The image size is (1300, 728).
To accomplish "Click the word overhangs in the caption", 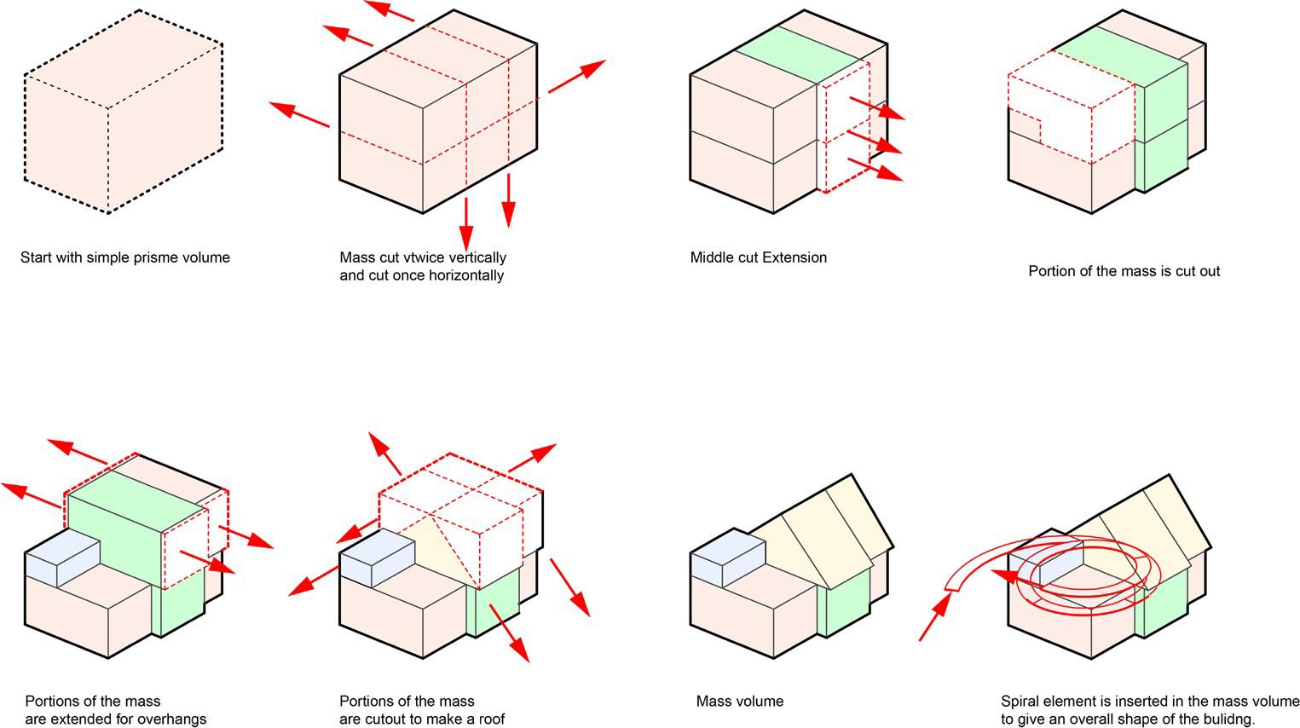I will (x=174, y=719).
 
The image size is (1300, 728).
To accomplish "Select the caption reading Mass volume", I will (x=739, y=702).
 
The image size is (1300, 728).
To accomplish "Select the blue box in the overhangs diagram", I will (x=61, y=558).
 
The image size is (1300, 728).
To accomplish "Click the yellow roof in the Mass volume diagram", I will (x=827, y=529).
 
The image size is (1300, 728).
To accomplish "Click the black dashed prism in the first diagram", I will (x=124, y=111).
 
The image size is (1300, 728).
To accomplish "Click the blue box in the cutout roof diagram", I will (x=376, y=558).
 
